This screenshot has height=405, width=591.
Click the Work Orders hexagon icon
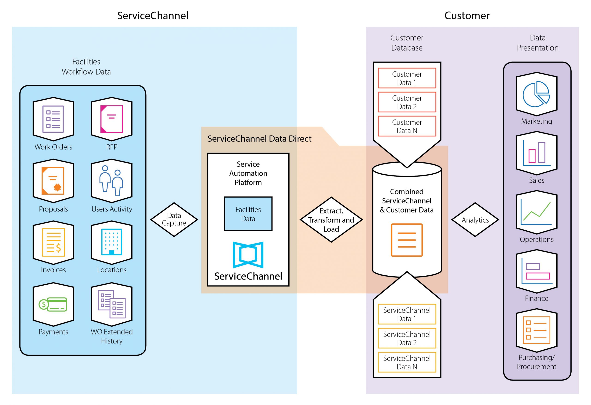[x=53, y=119]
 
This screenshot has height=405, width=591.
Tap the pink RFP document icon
[x=112, y=119]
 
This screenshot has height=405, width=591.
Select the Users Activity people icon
[x=112, y=181]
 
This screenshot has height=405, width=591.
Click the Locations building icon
[x=112, y=242]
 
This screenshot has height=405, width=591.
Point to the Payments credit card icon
[x=53, y=304]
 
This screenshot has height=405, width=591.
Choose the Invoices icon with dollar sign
[x=53, y=242]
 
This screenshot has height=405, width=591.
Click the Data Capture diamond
[x=174, y=219]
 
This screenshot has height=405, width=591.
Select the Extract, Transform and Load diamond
[x=331, y=220]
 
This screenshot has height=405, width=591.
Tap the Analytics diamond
[x=475, y=220]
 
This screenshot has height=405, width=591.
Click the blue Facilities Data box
[x=248, y=214]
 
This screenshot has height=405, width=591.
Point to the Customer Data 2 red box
[x=407, y=102]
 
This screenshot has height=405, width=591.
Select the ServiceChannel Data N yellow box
[x=407, y=362]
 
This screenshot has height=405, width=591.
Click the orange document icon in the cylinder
[x=407, y=240]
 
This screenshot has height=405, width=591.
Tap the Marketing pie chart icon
[x=537, y=94]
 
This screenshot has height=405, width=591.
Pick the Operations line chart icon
[x=537, y=212]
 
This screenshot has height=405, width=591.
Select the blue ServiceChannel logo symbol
[x=248, y=255]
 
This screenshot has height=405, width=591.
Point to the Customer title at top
[x=467, y=16]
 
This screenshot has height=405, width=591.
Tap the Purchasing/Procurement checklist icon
[x=537, y=330]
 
